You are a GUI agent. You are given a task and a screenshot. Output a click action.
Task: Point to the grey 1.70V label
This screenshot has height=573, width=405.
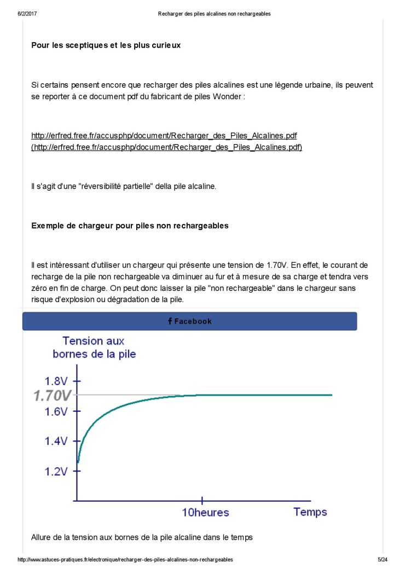52,395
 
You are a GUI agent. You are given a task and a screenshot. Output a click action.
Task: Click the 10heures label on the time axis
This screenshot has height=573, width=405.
205,513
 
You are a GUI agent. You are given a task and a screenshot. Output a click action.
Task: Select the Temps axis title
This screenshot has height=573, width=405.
310,512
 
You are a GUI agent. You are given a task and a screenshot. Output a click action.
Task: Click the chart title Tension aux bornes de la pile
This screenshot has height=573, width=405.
94,347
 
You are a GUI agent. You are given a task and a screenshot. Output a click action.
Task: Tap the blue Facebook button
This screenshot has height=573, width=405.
189,322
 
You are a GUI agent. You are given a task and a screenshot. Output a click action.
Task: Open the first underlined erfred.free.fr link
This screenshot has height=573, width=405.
164,135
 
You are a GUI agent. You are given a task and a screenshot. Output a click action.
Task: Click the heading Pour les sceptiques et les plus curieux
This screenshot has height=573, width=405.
106,45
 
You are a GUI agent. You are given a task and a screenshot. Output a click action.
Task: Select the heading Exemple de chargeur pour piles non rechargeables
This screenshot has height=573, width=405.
130,226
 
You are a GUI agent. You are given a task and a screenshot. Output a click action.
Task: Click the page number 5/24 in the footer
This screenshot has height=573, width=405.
383,560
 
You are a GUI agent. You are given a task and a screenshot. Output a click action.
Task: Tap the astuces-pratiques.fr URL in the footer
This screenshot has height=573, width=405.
125,560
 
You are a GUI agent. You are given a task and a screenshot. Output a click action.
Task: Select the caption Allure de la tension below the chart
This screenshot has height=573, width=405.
142,538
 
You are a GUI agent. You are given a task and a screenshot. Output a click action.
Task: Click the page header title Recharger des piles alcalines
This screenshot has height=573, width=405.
214,14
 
